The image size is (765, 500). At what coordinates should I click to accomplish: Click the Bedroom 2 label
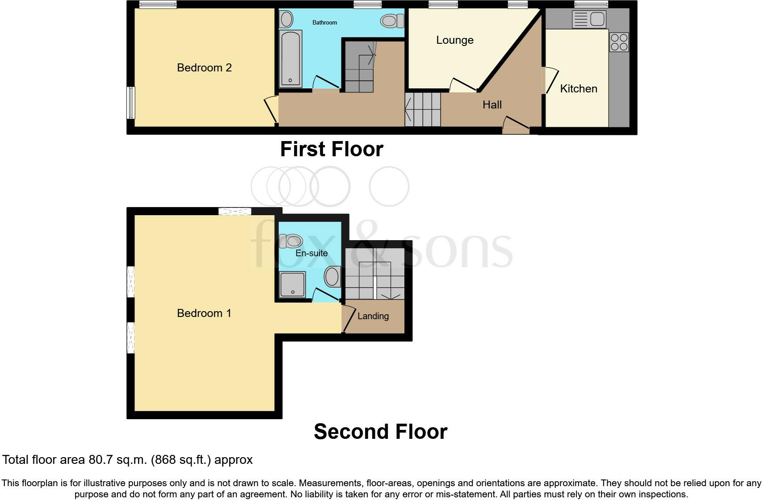pyautogui.click(x=204, y=68)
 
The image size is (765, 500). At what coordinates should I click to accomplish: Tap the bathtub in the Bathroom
pyautogui.click(x=290, y=58)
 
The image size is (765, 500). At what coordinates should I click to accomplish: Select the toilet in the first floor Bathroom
pyautogui.click(x=392, y=21)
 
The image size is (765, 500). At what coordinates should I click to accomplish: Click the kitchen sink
pyautogui.click(x=589, y=19)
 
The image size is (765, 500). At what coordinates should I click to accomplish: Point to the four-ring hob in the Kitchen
pyautogui.click(x=619, y=42)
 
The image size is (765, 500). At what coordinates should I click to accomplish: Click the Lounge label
pyautogui.click(x=454, y=40)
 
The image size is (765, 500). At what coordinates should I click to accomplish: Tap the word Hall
pyautogui.click(x=492, y=105)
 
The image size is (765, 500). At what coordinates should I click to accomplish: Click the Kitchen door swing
pyautogui.click(x=551, y=80)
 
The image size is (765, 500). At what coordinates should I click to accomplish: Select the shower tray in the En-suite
pyautogui.click(x=292, y=284)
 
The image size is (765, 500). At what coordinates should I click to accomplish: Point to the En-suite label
pyautogui.click(x=311, y=253)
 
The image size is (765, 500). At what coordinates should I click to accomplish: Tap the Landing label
pyautogui.click(x=373, y=316)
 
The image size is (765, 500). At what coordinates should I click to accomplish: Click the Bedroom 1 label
pyautogui.click(x=204, y=313)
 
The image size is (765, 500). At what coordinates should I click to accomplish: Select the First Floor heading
pyautogui.click(x=332, y=149)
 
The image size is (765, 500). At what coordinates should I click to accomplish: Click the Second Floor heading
pyautogui.click(x=380, y=432)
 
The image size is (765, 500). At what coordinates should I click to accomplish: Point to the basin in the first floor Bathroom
pyautogui.click(x=286, y=19)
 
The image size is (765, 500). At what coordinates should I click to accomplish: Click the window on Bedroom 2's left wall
pyautogui.click(x=130, y=103)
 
